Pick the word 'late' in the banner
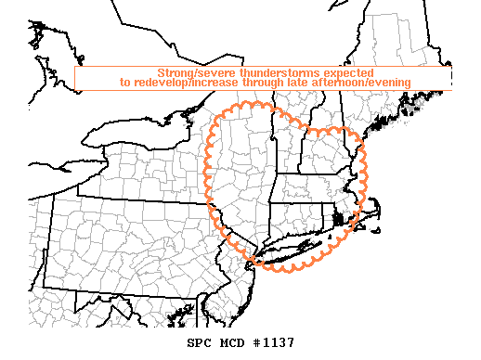299,83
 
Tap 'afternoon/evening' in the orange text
362,83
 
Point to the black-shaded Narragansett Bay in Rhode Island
338,221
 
